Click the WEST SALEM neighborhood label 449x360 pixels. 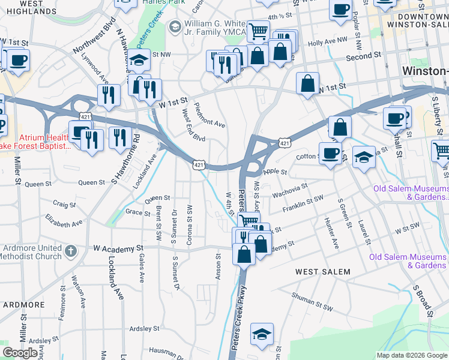pos(323,272)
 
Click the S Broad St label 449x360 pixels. pos(422,300)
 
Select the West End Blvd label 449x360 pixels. pos(193,129)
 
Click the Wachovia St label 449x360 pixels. pos(289,191)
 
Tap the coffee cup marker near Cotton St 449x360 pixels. pos(330,154)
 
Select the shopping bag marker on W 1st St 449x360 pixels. pos(307,84)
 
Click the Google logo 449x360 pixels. pos(20,353)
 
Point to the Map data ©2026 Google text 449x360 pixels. pos(411,355)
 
